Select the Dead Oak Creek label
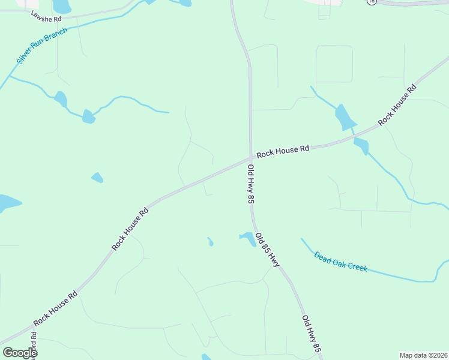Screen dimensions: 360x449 coord(340,261)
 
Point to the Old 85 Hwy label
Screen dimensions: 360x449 coord(267,250)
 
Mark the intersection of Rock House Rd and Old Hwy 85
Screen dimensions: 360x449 coord(250,158)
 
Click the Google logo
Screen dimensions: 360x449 coord(19,353)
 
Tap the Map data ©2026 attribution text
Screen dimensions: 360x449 coord(423,355)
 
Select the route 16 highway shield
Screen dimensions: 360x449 coord(372,2)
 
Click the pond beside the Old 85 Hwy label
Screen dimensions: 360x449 coord(247,238)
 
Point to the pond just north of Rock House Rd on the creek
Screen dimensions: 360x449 coord(345,117)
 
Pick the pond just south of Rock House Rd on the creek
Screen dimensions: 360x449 coord(361,146)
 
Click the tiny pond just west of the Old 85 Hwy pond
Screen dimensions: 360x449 coord(210,242)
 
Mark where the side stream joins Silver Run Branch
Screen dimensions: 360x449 coord(10,76)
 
